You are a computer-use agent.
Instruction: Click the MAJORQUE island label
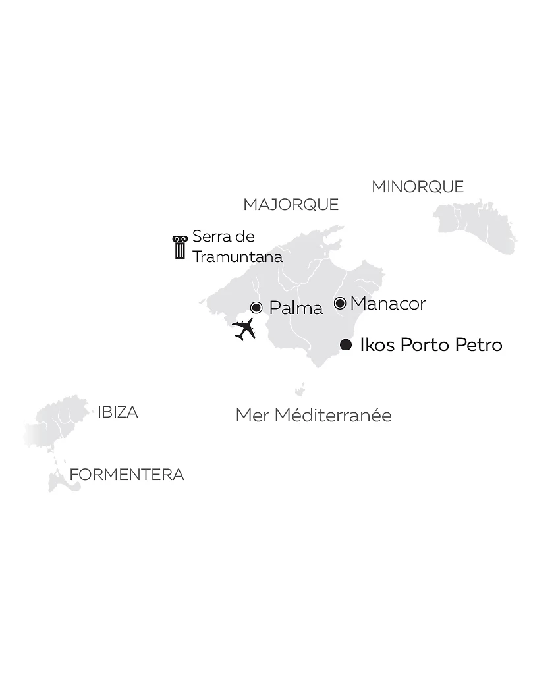point(291,205)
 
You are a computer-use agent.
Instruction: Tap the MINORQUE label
point(418,187)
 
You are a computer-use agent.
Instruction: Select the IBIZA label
point(118,412)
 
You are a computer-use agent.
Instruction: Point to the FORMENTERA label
point(126,475)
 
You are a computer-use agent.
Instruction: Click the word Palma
point(296,308)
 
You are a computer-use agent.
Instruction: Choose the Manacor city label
point(388,304)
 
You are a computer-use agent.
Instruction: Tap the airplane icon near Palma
point(244,328)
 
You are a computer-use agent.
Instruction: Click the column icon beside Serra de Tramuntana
point(180,248)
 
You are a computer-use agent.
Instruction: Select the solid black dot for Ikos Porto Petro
point(346,345)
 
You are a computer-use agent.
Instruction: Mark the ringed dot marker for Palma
point(257,308)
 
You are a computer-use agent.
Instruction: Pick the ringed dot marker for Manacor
point(340,303)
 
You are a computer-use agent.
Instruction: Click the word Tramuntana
point(237,257)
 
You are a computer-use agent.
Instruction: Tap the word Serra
point(208,236)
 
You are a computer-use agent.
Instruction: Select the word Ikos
point(377,345)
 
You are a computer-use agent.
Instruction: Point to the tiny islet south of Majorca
point(300,390)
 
